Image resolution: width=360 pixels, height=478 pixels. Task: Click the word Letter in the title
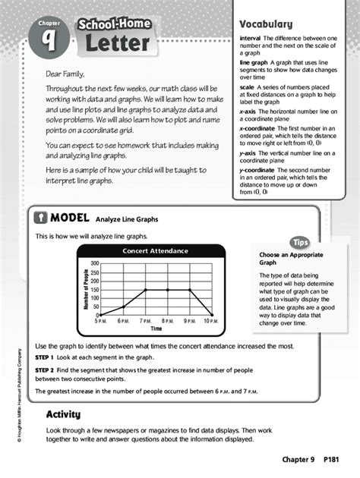pyautogui.click(x=116, y=43)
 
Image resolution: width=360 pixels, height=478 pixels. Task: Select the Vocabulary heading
pyautogui.click(x=266, y=24)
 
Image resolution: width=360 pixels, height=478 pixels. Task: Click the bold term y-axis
pyautogui.click(x=248, y=153)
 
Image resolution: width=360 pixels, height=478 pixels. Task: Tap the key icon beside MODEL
pyautogui.click(x=41, y=219)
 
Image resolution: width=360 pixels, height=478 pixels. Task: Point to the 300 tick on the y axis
pyautogui.click(x=95, y=263)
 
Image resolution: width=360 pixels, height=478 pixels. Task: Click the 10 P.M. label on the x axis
pyautogui.click(x=211, y=322)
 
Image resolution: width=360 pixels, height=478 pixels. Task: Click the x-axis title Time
pyautogui.click(x=156, y=329)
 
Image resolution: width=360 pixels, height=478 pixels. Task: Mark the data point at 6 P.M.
pyautogui.click(x=123, y=307)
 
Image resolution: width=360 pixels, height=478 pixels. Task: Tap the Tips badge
pyautogui.click(x=300, y=242)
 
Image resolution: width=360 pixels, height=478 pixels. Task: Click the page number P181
pyautogui.click(x=331, y=460)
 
